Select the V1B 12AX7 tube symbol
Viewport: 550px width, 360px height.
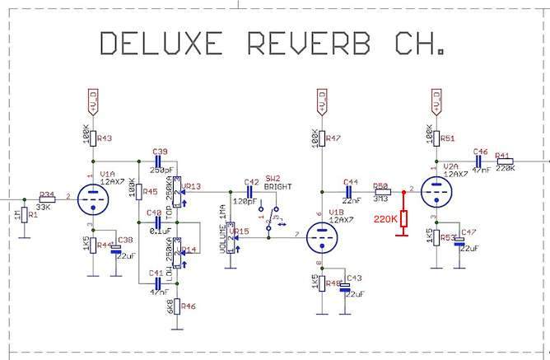point(322,238)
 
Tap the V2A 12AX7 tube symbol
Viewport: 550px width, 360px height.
point(436,194)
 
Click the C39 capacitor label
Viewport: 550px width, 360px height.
point(160,152)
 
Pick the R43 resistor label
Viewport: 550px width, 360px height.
point(104,138)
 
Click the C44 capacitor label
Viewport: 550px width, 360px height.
point(351,182)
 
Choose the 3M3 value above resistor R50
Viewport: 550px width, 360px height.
point(381,198)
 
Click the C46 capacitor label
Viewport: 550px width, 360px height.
point(481,152)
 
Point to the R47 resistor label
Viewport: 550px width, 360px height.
point(333,139)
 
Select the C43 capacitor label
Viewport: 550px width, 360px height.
point(355,278)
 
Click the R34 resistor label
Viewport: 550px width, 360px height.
point(47,195)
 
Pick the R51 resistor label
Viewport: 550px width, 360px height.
point(447,139)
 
